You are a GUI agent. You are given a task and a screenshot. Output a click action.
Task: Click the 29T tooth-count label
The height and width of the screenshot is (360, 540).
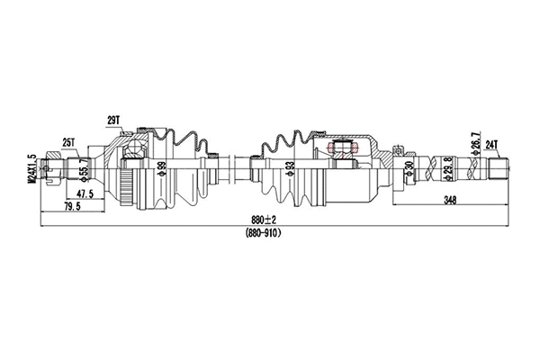(113, 120)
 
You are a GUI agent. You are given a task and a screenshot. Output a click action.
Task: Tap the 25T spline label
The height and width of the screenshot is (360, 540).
(68, 141)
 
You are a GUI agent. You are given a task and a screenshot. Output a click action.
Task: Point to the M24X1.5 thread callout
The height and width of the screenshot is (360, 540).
(31, 165)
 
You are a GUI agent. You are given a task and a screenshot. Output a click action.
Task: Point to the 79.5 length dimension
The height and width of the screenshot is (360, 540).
(71, 206)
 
